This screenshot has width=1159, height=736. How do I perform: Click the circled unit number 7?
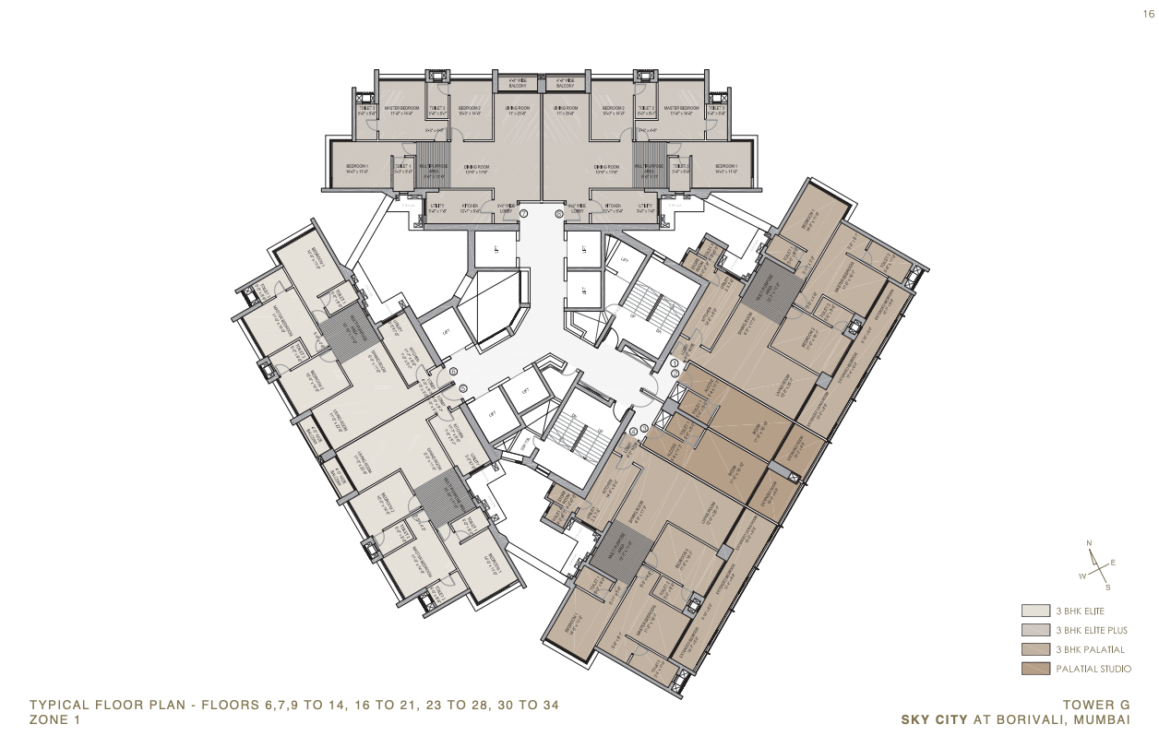(523, 213)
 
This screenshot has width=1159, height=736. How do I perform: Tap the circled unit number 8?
(558, 213)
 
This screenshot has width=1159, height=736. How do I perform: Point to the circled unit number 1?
(675, 363)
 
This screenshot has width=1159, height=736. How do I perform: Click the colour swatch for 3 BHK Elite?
(1034, 611)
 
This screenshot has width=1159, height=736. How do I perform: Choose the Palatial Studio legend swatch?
(1034, 669)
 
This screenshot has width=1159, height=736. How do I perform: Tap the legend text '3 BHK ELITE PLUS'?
(1091, 630)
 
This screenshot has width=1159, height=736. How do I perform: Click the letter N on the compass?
(1090, 542)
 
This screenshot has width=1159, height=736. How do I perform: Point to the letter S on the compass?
(1108, 587)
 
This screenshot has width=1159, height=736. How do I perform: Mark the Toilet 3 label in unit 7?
(365, 109)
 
